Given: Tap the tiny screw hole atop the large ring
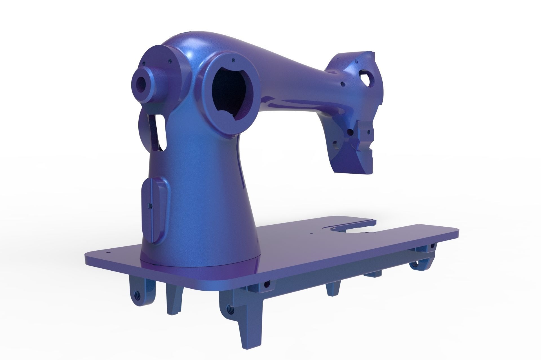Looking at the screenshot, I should pyautogui.click(x=233, y=60).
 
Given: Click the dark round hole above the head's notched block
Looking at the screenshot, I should pyautogui.click(x=350, y=131).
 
